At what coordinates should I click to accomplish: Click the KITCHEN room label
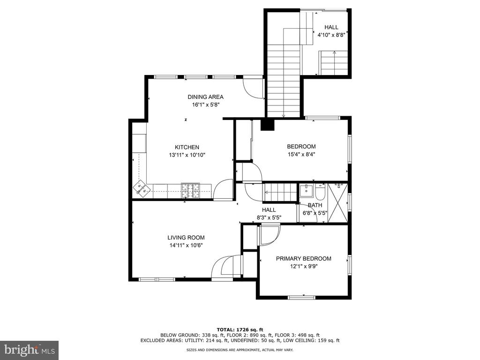(187, 147)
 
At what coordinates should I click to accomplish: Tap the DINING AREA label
(205, 97)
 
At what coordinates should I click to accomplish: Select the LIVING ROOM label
(186, 238)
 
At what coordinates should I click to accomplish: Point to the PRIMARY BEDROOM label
(303, 259)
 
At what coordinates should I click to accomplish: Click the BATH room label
(315, 205)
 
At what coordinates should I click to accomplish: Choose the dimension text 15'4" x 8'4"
(301, 154)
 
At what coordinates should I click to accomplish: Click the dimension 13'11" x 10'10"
(187, 155)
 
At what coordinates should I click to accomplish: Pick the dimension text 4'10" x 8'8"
(331, 35)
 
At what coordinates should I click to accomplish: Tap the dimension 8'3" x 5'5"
(269, 217)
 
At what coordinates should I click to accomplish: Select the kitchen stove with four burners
(190, 190)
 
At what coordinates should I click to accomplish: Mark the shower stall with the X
(338, 202)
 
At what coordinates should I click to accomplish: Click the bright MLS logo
(30, 350)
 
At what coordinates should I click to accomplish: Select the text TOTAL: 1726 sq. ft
(240, 330)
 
